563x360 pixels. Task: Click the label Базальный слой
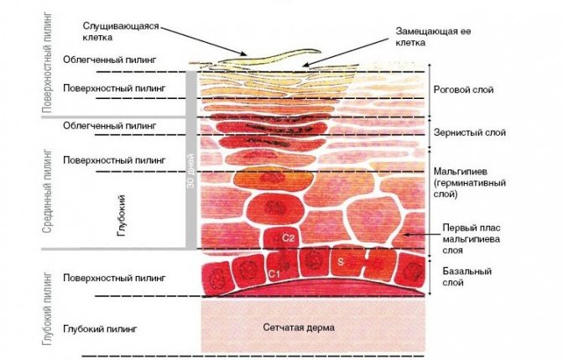point(466,277)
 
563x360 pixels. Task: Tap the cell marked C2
point(286,238)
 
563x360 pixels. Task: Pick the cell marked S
point(341,263)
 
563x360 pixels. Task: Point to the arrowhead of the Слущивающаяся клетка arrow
point(247,55)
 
